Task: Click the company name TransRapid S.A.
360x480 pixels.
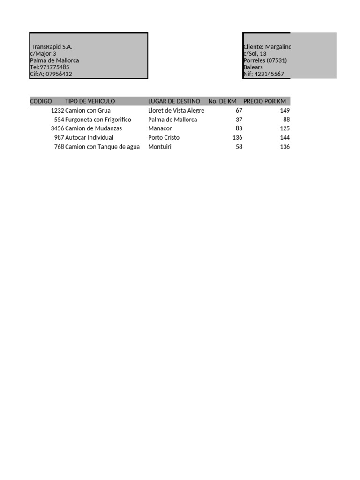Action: point(52,47)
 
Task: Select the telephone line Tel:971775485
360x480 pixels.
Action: point(50,67)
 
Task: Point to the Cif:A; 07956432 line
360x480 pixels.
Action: point(51,74)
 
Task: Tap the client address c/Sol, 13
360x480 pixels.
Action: point(255,54)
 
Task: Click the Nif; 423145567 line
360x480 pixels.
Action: point(263,74)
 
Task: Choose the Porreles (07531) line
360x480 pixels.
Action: point(265,60)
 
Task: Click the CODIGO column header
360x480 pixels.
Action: point(41,101)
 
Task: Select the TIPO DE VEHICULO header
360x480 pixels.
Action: point(90,101)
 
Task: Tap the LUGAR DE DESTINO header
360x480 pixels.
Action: point(174,101)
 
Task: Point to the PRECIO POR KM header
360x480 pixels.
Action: point(264,101)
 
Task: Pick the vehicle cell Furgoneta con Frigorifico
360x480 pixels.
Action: point(98,120)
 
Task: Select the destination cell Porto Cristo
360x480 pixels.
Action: point(164,138)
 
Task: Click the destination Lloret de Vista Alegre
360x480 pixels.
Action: point(176,111)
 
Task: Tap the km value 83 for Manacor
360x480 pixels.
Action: point(239,128)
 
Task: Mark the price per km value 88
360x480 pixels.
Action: point(286,120)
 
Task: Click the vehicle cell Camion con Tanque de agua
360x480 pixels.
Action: point(102,147)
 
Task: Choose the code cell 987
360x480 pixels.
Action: point(59,138)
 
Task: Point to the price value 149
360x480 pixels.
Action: point(285,111)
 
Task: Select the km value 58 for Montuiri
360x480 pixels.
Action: point(239,147)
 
